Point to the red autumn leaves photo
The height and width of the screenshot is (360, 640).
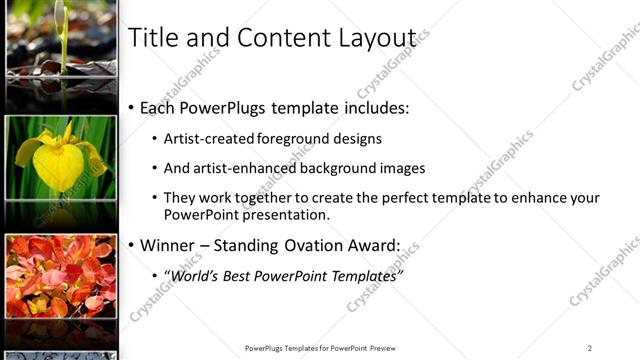click(60, 275)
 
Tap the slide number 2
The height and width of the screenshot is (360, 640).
click(589, 348)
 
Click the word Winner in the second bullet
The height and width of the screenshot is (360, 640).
click(172, 245)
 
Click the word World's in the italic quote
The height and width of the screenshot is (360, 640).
click(192, 274)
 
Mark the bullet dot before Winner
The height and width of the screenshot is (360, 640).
click(132, 245)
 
